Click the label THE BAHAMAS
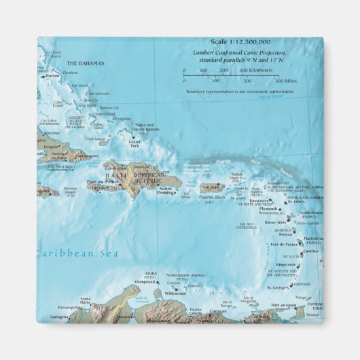(86, 63)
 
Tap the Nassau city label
(53, 76)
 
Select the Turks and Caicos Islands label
(143, 127)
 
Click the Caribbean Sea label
(77, 254)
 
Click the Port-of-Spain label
(285, 305)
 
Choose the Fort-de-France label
(285, 244)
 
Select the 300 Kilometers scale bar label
(237, 70)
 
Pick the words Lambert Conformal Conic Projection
(238, 53)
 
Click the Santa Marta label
(86, 299)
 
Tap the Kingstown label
(286, 265)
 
